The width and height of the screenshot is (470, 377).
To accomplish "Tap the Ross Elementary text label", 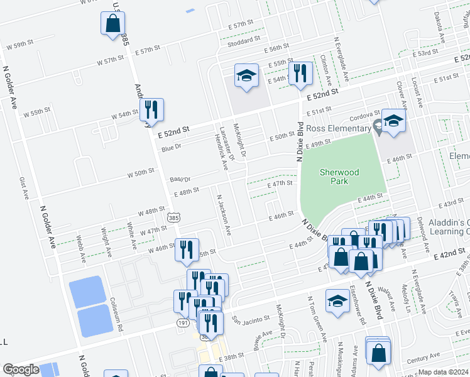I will click(x=339, y=129).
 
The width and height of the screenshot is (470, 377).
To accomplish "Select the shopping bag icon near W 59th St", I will click(x=112, y=25).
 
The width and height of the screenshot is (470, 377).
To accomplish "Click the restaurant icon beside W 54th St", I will click(x=151, y=111).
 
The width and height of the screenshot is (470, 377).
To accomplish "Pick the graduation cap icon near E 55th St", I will click(x=246, y=76).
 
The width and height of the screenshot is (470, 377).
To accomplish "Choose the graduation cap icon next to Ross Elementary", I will click(x=393, y=121).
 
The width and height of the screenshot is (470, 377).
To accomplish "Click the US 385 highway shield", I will click(x=173, y=217).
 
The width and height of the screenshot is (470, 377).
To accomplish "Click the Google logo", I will click(x=21, y=369).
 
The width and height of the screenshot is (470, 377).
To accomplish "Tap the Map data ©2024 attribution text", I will click(x=443, y=372).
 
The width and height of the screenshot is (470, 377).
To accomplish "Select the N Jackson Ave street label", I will click(x=224, y=215).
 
